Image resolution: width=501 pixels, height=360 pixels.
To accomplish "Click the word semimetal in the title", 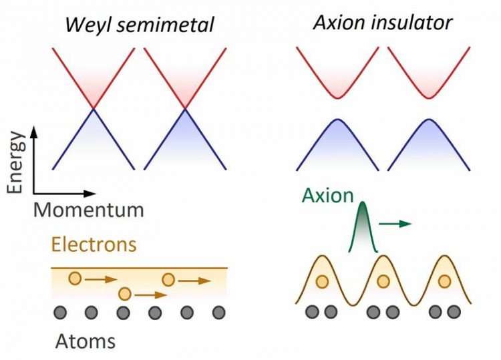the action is (165, 25).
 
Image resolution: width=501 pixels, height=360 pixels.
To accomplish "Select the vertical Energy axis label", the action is (15, 162).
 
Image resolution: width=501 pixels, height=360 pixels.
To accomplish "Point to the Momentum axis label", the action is (88, 210).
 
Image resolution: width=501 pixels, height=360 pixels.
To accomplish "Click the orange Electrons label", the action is (94, 244).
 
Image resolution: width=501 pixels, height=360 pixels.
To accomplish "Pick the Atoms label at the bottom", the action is (86, 341).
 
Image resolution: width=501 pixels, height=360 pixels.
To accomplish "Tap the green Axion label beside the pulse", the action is (327, 195).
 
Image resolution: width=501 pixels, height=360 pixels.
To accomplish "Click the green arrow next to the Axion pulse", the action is (395, 224).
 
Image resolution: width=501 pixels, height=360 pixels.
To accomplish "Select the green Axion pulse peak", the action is (363, 203).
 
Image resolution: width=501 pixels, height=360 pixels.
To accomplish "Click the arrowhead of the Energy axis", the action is (34, 131).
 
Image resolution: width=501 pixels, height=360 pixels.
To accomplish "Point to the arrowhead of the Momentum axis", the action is (90, 193).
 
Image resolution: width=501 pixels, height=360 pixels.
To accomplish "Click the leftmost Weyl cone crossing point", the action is (94, 109).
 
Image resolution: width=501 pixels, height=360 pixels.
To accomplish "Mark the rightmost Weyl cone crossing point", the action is (185, 109).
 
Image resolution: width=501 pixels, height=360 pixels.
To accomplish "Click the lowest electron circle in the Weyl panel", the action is (125, 294).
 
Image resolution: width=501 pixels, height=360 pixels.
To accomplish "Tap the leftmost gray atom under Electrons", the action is (60, 313).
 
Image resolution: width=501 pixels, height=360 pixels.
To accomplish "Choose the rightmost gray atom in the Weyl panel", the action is (219, 313).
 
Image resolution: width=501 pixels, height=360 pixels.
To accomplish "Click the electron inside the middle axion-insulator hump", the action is (383, 281).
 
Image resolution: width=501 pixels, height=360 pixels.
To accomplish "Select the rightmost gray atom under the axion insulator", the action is (454, 312).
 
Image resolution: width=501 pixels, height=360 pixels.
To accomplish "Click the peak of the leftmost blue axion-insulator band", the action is (338, 119).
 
